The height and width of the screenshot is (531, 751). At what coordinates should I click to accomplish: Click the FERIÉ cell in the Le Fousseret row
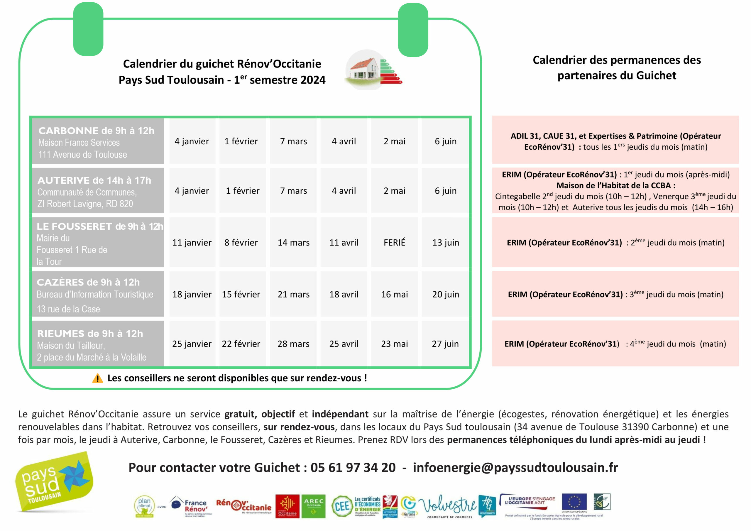click(x=394, y=242)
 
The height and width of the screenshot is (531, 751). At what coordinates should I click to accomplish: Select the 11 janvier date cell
click(x=192, y=242)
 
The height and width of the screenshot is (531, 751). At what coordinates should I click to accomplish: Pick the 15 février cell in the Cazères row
click(x=241, y=294)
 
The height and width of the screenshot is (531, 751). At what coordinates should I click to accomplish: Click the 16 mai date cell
click(x=394, y=294)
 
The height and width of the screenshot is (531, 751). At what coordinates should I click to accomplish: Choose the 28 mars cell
click(x=293, y=344)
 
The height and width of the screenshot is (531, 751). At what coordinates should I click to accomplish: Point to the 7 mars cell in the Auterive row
click(x=293, y=190)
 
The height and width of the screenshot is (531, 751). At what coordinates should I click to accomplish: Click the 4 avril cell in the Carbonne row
click(x=344, y=141)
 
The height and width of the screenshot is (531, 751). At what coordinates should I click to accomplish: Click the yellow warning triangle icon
click(x=97, y=378)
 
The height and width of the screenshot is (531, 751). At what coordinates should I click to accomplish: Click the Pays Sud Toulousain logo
click(x=54, y=482)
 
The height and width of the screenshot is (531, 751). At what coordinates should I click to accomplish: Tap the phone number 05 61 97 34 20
click(x=353, y=468)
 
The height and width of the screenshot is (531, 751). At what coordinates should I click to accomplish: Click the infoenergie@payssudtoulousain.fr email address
click(x=515, y=468)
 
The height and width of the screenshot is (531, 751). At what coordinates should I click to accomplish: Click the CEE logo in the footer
click(x=342, y=506)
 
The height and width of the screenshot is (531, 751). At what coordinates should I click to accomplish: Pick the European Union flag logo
click(x=574, y=502)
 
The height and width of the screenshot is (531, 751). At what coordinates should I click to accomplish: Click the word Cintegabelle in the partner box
click(x=517, y=196)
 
